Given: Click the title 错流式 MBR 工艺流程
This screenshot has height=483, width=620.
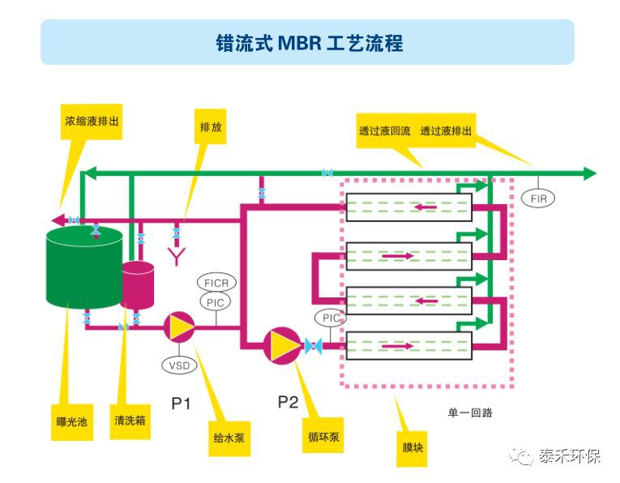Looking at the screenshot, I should (310, 43).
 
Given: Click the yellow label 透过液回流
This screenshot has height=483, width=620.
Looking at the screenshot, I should (384, 131).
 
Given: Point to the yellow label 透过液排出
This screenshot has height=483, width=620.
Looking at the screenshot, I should (446, 131).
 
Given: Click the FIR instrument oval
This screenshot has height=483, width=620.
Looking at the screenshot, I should (537, 198).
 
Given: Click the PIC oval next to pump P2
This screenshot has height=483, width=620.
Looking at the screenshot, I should (332, 318).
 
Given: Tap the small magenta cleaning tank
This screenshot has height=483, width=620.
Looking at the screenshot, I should (139, 284).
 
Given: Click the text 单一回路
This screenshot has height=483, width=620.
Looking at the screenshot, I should (470, 412).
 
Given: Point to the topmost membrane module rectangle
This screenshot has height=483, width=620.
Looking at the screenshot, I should (408, 207).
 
